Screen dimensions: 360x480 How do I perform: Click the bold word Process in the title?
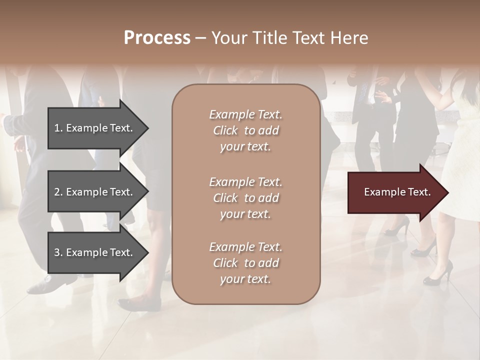point(157,38)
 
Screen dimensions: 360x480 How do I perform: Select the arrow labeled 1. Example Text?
point(95,128)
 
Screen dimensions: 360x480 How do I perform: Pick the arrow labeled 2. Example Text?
point(95,192)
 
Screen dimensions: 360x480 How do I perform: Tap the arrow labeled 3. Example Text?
point(95,252)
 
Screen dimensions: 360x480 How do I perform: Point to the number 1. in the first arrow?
point(58,128)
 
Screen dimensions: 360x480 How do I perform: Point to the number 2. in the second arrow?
point(58,192)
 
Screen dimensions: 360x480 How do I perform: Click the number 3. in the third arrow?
point(58,252)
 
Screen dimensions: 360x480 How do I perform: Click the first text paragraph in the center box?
point(246,130)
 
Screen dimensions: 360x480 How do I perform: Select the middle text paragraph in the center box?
point(246,197)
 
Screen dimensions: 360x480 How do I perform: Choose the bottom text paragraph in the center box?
point(246,263)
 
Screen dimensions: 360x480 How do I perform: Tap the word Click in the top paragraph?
point(225,130)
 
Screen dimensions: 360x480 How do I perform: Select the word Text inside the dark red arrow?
point(418,192)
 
